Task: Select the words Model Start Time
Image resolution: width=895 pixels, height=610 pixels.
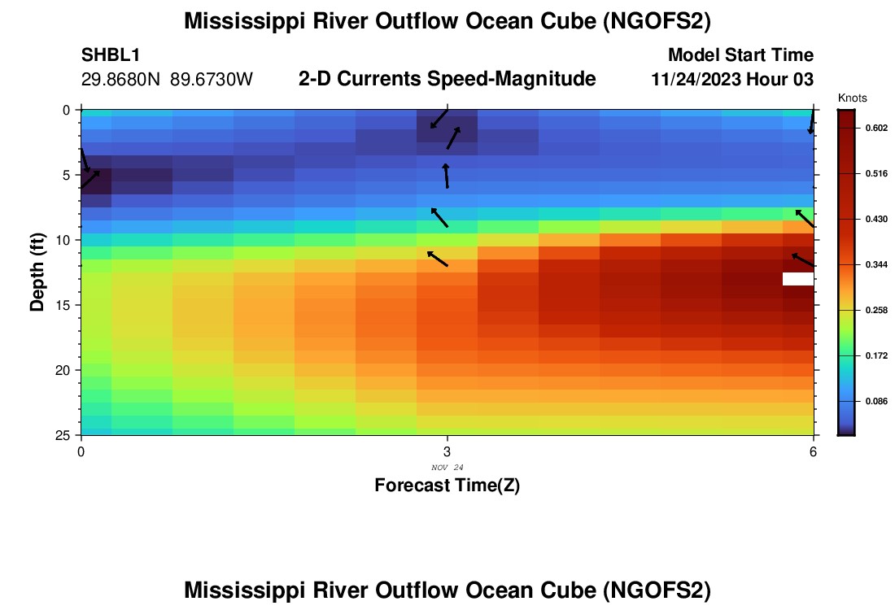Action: tap(740, 55)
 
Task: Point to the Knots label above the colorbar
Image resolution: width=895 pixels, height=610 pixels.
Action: tap(852, 98)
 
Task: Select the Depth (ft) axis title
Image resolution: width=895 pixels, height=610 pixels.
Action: tap(37, 272)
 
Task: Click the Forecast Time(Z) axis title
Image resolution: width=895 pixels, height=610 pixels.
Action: tap(447, 486)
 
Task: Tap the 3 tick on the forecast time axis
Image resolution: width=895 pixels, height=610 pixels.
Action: tap(447, 451)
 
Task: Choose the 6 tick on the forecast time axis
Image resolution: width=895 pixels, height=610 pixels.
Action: tap(813, 451)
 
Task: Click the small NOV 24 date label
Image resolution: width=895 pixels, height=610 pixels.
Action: tap(447, 467)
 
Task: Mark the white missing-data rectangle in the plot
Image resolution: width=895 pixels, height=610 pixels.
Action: tap(797, 279)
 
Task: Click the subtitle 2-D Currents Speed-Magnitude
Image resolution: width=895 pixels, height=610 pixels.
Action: tap(447, 79)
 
